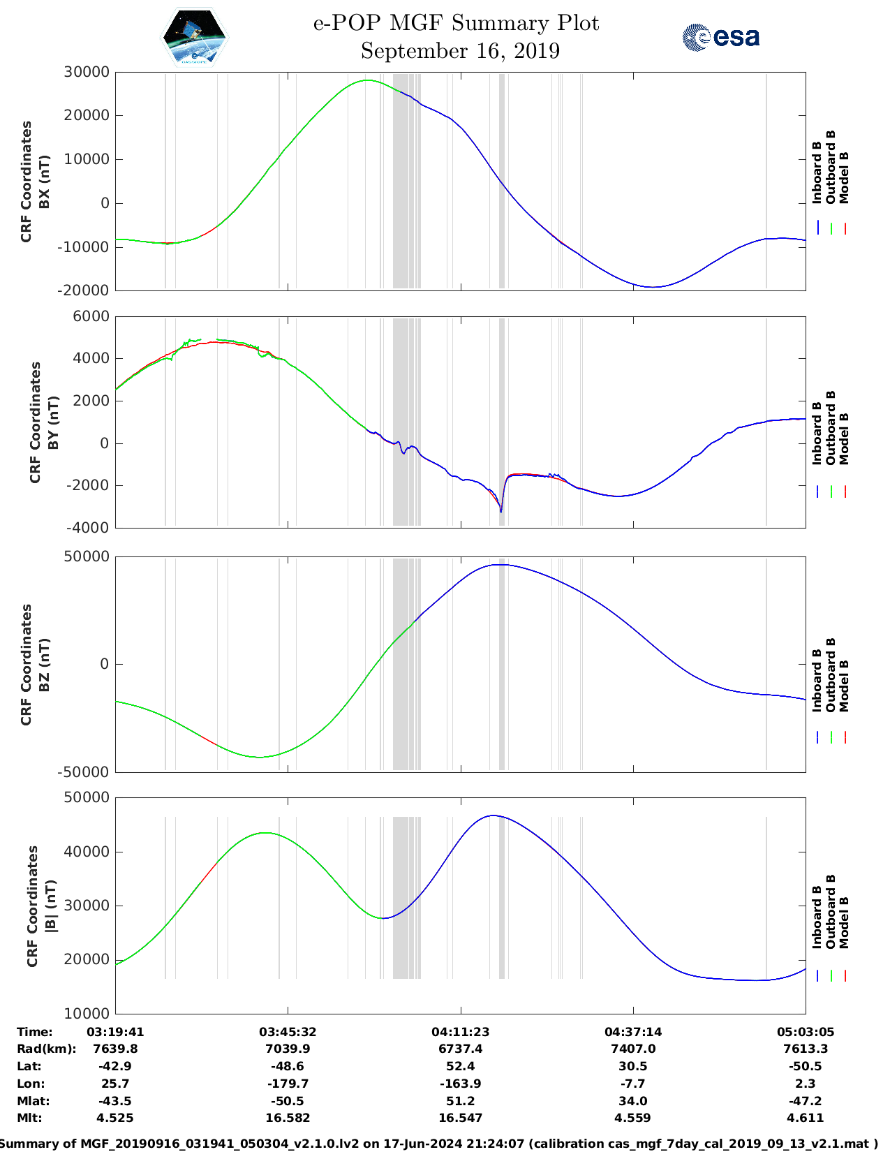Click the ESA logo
[721, 37]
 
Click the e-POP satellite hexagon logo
[194, 36]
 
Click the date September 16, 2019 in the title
[460, 51]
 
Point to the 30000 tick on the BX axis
[87, 72]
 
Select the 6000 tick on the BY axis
[91, 316]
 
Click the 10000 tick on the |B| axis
[87, 1013]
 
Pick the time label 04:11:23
[460, 1032]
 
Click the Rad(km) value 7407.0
[632, 1049]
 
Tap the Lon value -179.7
[288, 1084]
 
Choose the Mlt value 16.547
[460, 1118]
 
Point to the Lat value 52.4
[460, 1066]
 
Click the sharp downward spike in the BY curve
[501, 512]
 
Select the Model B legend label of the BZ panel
[844, 686]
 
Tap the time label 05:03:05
[805, 1032]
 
